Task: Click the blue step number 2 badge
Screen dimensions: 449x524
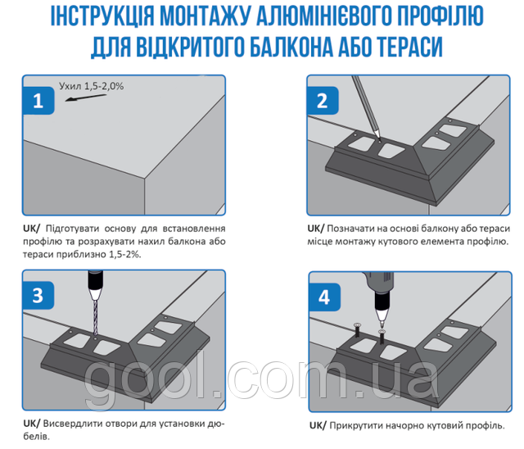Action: (x=322, y=101)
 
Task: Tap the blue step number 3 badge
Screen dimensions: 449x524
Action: (x=37, y=294)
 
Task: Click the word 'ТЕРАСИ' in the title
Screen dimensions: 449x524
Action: (x=404, y=45)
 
